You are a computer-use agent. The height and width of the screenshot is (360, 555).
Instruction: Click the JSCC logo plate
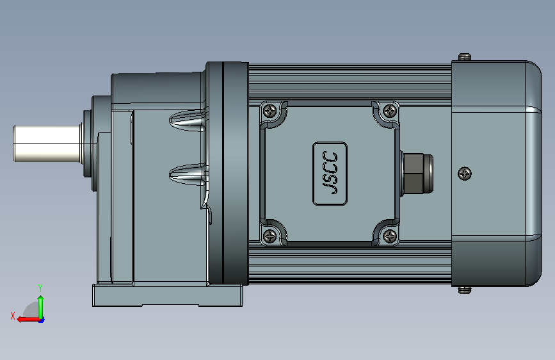coord(330,174)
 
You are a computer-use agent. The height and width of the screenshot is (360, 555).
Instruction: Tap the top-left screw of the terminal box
coord(270,111)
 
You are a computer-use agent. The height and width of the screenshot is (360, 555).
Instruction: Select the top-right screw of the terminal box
coord(390,111)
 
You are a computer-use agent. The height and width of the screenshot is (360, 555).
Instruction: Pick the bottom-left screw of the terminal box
coord(270,236)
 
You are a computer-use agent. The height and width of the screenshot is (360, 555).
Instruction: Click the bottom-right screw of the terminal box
coord(390,236)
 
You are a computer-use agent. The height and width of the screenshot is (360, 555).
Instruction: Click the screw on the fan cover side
coord(465,174)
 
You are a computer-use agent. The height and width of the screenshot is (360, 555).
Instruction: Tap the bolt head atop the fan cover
coord(465,57)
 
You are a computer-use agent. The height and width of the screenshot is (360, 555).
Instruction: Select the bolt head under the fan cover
coord(465,290)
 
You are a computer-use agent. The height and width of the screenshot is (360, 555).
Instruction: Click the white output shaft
coord(47,143)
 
